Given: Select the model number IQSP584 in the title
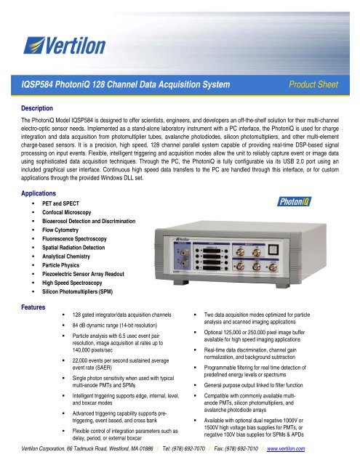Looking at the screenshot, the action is coord(42,85).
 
